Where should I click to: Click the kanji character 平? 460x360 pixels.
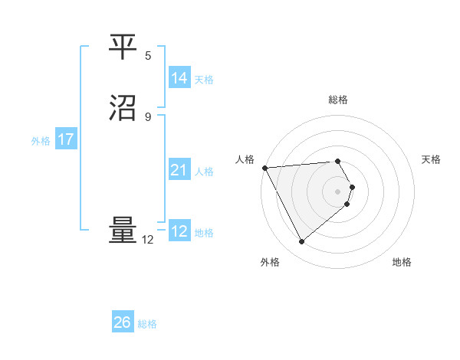click(123, 47)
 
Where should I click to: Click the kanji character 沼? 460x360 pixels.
click(123, 108)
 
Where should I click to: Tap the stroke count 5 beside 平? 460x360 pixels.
click(148, 55)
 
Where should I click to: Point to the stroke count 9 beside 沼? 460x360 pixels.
click(148, 116)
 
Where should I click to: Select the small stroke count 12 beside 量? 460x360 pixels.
click(148, 240)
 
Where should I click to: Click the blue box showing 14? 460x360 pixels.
click(179, 78)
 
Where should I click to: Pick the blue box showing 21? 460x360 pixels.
click(179, 170)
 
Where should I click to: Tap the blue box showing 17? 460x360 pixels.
click(66, 139)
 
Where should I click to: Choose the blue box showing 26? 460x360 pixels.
click(123, 322)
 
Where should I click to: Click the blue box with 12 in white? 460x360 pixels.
click(179, 231)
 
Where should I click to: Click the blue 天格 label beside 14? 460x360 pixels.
click(204, 80)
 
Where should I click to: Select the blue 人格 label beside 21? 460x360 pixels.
click(204, 172)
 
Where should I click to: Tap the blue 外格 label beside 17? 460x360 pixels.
click(41, 141)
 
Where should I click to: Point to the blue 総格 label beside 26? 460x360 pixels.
click(147, 324)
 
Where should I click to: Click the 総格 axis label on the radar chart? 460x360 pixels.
click(338, 100)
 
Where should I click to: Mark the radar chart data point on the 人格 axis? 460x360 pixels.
click(264, 168)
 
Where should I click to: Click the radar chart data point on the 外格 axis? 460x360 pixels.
click(301, 242)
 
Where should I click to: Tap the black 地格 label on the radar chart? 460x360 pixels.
click(402, 263)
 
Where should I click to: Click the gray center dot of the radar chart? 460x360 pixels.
click(338, 191)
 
